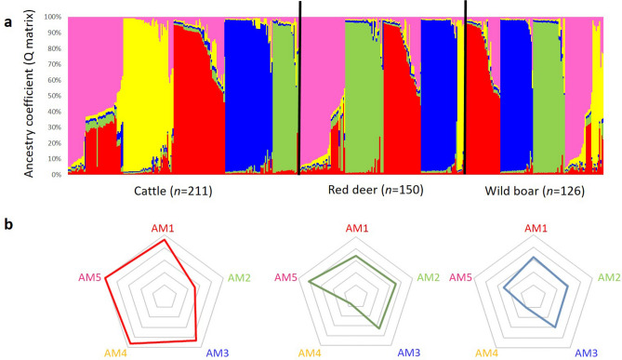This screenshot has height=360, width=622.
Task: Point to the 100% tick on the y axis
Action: tap(52, 17)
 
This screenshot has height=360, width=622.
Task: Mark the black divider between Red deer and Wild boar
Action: tap(464, 88)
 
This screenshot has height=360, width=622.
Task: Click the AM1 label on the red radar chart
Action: tap(164, 229)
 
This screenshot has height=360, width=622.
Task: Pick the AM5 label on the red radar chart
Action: tap(86, 277)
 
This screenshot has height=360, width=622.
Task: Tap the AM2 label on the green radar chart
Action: tap(427, 277)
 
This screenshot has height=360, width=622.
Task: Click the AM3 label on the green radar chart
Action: tap(404, 353)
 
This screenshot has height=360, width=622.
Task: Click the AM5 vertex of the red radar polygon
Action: tap(105, 277)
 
